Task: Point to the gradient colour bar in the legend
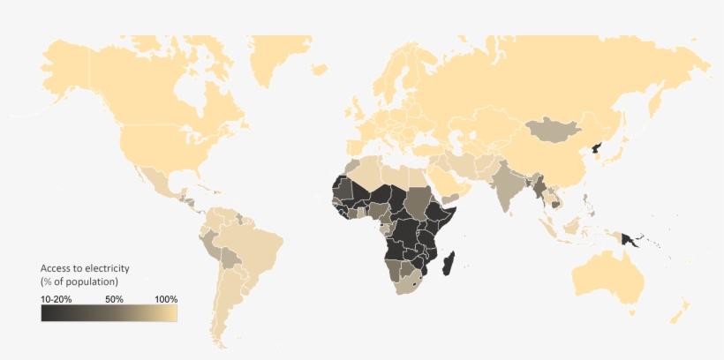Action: (109, 313)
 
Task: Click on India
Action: (509, 186)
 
